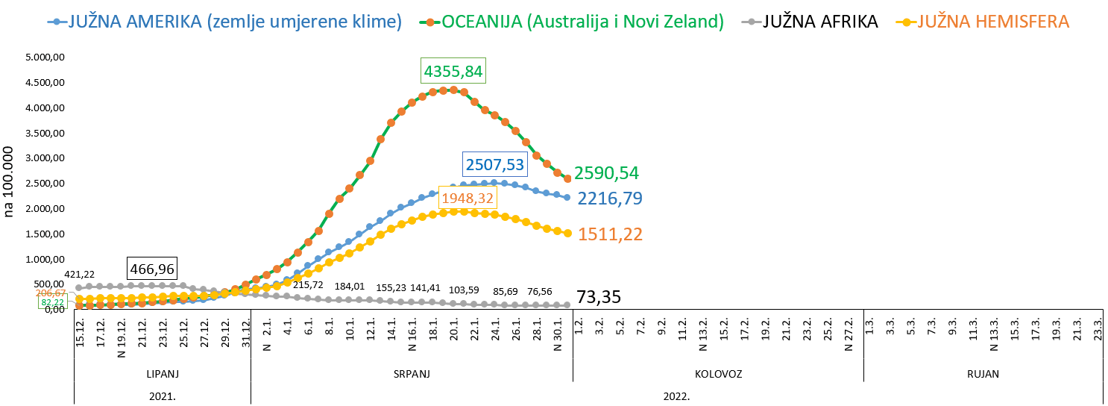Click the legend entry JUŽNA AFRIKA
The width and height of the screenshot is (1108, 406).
click(x=819, y=22)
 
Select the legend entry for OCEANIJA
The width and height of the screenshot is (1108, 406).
click(x=582, y=22)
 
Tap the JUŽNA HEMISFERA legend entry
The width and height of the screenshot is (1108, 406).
click(x=992, y=22)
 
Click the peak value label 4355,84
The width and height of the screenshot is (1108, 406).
click(x=453, y=72)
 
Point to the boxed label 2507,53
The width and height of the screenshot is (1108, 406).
click(x=495, y=164)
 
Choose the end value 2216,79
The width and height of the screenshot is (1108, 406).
click(x=610, y=199)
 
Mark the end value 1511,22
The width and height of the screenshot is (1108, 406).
click(x=610, y=234)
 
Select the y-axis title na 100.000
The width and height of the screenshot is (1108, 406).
click(x=10, y=183)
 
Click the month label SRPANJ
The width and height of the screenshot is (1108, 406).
click(x=412, y=373)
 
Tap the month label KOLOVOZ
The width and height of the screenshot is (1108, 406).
click(x=718, y=373)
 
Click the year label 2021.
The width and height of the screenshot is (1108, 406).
click(x=162, y=396)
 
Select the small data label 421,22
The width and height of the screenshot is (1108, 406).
click(x=79, y=275)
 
